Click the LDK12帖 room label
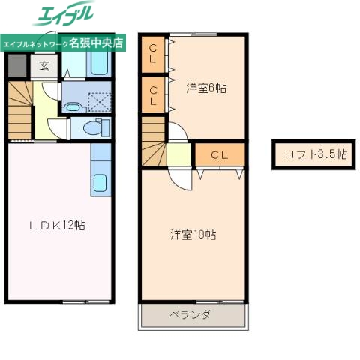point(57,225)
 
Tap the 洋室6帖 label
point(205,88)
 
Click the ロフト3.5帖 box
point(315,155)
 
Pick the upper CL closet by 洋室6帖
point(153,53)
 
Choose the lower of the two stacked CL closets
point(153,94)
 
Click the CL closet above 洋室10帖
point(218,155)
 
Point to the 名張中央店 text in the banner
point(102,44)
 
